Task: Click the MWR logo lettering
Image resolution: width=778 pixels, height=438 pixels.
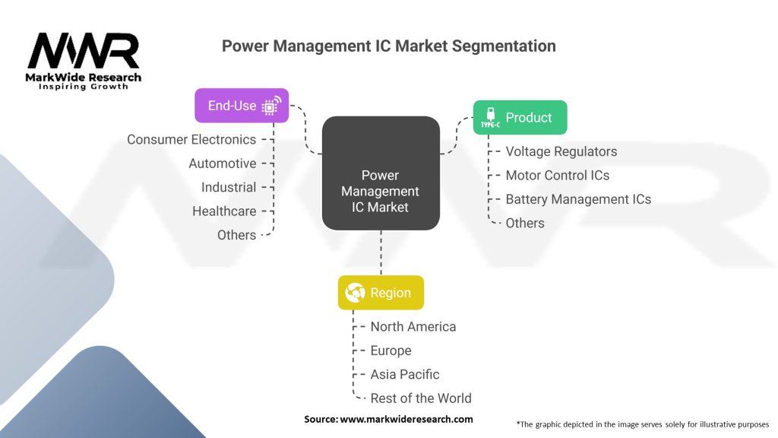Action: [84, 52]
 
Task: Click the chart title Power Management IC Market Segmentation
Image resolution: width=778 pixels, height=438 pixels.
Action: [388, 46]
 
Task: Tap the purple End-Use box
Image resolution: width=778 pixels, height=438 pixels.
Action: [242, 106]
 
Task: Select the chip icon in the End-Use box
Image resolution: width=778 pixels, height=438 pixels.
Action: [270, 106]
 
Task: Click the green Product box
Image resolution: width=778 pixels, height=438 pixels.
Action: [520, 118]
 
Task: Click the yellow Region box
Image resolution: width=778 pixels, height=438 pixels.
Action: [381, 293]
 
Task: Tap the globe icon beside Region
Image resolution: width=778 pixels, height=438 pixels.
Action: [355, 293]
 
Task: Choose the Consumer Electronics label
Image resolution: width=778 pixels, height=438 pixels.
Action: [191, 140]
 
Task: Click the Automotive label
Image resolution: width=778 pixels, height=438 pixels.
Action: [223, 163]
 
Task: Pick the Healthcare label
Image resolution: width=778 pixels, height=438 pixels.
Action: [224, 211]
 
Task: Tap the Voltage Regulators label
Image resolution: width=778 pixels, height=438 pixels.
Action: [561, 151]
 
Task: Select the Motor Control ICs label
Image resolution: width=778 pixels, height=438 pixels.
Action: [558, 176]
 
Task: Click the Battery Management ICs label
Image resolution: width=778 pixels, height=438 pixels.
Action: [578, 199]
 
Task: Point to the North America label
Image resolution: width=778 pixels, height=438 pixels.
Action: [413, 327]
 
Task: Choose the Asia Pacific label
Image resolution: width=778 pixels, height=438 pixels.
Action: [405, 375]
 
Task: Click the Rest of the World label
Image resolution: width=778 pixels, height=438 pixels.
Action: [421, 398]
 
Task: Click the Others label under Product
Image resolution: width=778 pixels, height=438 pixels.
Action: [525, 224]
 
